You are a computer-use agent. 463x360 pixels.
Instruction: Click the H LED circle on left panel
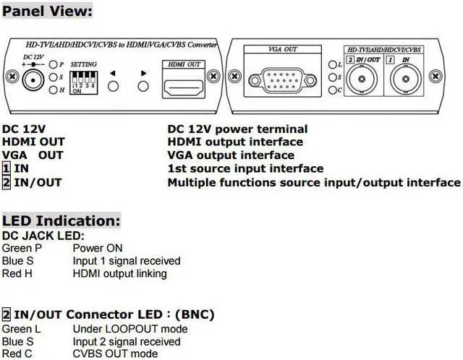click(54, 90)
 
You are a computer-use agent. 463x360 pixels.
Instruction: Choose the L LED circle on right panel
click(329, 64)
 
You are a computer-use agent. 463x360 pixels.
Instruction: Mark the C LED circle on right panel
click(329, 90)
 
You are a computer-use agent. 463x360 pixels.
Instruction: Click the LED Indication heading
click(61, 220)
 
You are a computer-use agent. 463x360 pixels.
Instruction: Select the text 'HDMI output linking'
click(119, 273)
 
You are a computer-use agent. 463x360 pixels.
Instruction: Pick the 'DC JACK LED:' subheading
click(43, 235)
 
